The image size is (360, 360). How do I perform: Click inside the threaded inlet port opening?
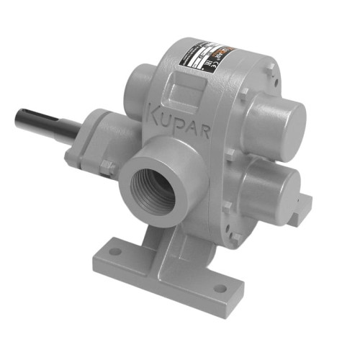(153, 189)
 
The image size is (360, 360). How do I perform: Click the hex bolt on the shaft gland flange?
(107, 167)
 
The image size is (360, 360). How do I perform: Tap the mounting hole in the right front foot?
(219, 288)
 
